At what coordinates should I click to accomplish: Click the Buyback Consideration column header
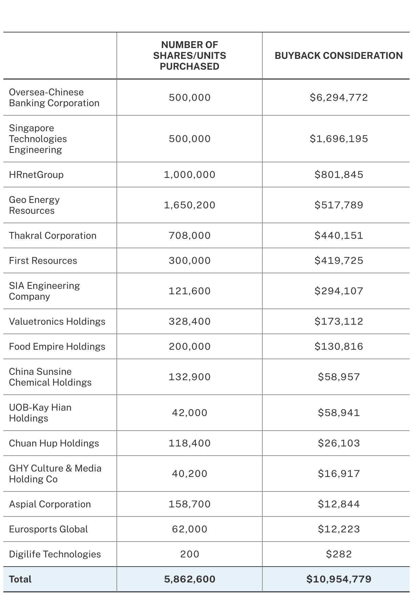pos(339,55)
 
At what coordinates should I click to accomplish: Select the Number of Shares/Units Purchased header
pos(190,55)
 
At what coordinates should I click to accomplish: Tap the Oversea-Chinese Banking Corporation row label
pos(54,97)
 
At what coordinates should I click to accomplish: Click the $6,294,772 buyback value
pos(339,97)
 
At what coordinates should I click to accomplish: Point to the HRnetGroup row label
pos(36,175)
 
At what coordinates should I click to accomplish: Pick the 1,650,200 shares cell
pos(190,205)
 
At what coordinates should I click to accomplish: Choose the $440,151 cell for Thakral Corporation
pos(339,235)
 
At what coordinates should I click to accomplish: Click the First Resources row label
pos(43,260)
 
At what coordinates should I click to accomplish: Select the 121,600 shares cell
pos(190,291)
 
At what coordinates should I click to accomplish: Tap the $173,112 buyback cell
pos(339,321)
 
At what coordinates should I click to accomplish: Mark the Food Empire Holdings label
pos(57,346)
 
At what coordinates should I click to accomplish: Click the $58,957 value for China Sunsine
pos(339,377)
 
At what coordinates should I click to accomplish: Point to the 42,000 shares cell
pos(190,413)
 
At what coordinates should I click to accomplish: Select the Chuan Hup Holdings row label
pos(54,443)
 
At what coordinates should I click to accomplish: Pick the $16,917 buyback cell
pos(339,474)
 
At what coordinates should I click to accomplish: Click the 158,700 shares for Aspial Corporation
pos(190,504)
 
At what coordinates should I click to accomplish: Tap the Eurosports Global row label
pos(48,529)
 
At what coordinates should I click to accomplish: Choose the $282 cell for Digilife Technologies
pos(339,554)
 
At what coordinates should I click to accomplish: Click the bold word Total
pos(20,579)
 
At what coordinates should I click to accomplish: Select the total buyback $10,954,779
pos(339,579)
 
